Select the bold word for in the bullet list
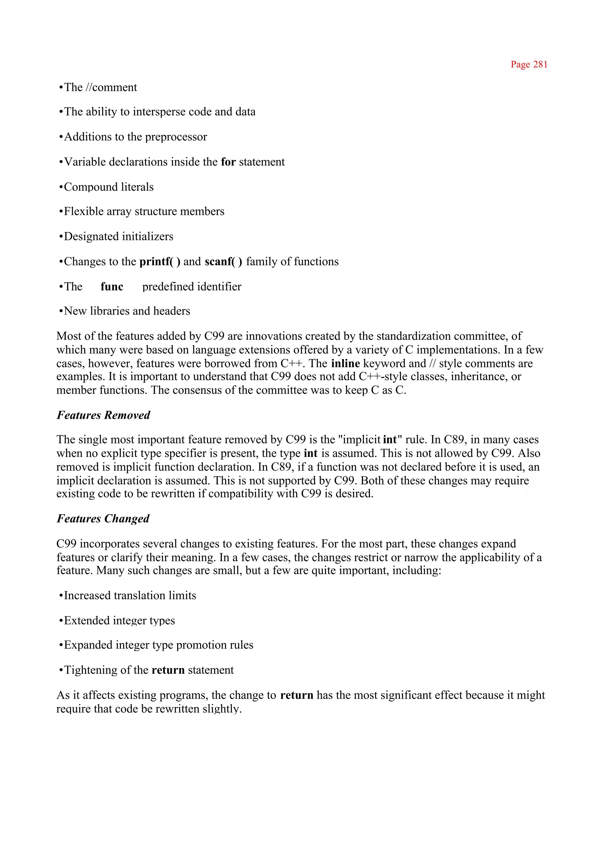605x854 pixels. (x=228, y=162)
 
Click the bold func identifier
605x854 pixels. (x=112, y=286)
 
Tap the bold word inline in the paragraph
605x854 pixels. (x=345, y=363)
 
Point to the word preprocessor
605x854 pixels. (x=176, y=137)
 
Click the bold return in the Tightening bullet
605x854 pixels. (x=168, y=670)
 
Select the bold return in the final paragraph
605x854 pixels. (x=297, y=695)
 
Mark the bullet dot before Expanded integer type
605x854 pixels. (x=61, y=646)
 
